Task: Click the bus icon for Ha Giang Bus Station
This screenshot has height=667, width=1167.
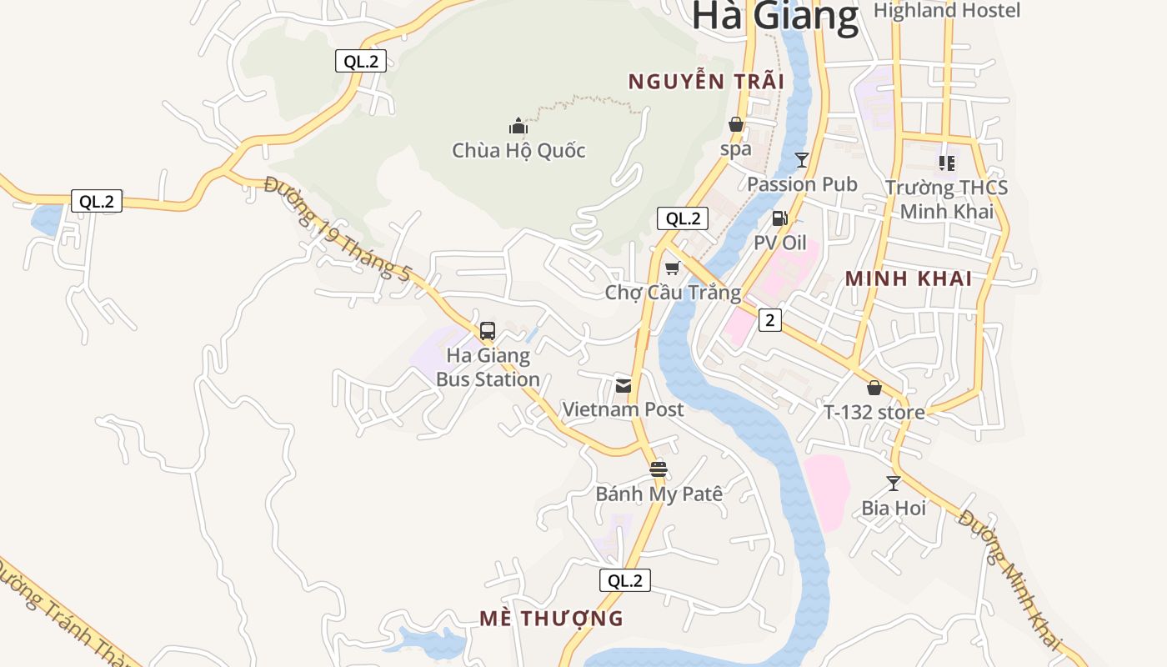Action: pyautogui.click(x=488, y=330)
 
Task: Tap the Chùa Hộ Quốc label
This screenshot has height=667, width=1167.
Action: pyautogui.click(x=518, y=151)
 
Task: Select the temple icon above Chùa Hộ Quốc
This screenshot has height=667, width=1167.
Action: pyautogui.click(x=518, y=127)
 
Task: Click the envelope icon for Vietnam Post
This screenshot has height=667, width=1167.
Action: pyautogui.click(x=623, y=386)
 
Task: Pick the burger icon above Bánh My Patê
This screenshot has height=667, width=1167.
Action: pyautogui.click(x=659, y=469)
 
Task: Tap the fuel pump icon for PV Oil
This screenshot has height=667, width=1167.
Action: pyautogui.click(x=780, y=218)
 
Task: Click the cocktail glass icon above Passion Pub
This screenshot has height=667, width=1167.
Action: pyautogui.click(x=802, y=160)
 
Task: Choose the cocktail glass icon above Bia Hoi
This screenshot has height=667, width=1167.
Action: pyautogui.click(x=894, y=484)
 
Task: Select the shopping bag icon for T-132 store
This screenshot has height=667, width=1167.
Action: pyautogui.click(x=874, y=388)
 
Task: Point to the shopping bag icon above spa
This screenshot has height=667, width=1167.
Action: pyautogui.click(x=736, y=125)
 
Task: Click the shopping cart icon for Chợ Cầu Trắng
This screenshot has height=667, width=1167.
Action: pyautogui.click(x=673, y=268)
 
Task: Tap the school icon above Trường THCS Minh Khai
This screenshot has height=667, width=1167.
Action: pyautogui.click(x=946, y=163)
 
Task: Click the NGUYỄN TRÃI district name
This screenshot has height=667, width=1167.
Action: pyautogui.click(x=706, y=82)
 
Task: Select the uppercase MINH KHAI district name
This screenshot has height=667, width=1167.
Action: pyautogui.click(x=909, y=279)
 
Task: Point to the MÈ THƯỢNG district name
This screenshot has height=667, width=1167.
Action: pyautogui.click(x=551, y=619)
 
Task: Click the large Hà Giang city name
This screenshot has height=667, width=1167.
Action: pyautogui.click(x=775, y=17)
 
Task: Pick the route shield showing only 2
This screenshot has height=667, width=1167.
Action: pyautogui.click(x=769, y=319)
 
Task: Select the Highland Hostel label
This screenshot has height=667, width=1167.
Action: pyautogui.click(x=946, y=11)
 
